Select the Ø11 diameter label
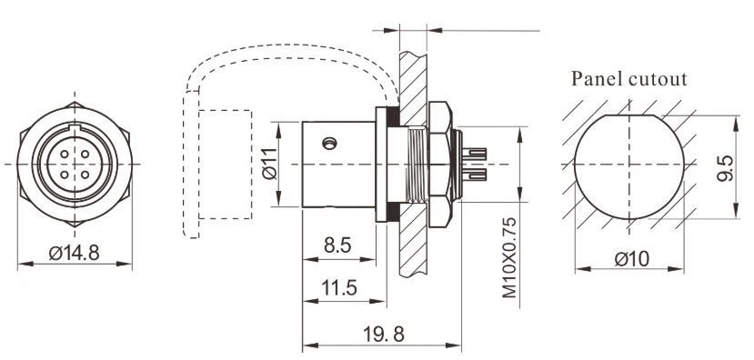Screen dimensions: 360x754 tap(269, 164)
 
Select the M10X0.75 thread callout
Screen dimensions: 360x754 tap(508, 259)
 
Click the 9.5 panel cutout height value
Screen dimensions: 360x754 tap(725, 167)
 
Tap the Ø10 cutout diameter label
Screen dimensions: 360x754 tap(630, 259)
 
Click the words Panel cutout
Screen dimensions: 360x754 tap(628, 78)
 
